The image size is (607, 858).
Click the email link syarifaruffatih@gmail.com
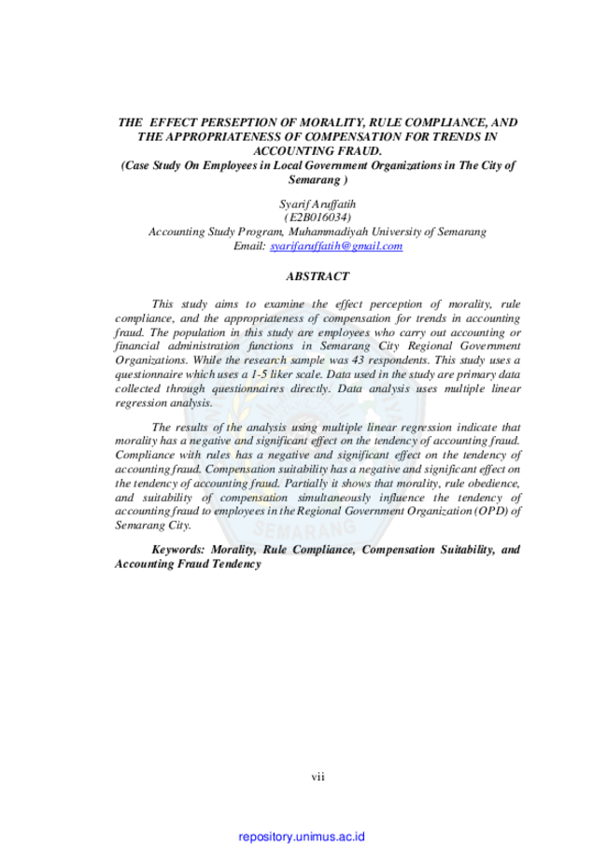tap(336, 246)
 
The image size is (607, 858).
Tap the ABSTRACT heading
tap(318, 276)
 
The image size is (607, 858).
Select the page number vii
tap(318, 777)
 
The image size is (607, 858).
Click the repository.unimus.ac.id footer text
tap(302, 837)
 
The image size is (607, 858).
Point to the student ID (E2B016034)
tap(318, 218)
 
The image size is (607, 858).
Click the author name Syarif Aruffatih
tap(318, 204)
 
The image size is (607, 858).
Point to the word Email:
tap(249, 246)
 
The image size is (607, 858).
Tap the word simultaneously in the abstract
tap(334, 498)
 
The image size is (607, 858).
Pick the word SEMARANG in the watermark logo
tap(303, 528)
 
